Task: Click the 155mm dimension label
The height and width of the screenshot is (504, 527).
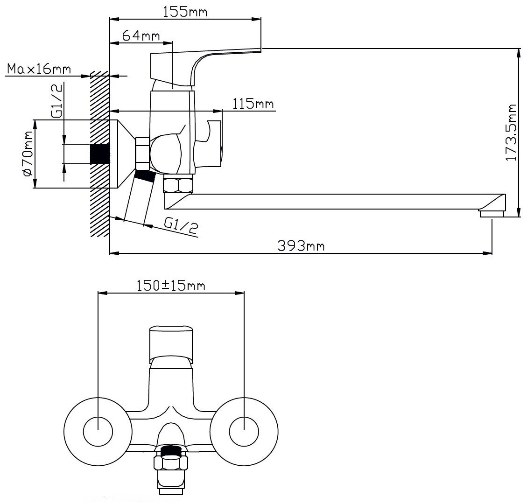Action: click(x=185, y=12)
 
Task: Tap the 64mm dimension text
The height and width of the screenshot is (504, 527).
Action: click(x=141, y=35)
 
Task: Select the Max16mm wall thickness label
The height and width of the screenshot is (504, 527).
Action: click(x=39, y=69)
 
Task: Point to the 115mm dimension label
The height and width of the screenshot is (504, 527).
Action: click(x=253, y=104)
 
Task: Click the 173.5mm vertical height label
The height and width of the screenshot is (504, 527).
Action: click(x=512, y=133)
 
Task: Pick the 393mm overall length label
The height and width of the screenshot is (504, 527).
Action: click(x=301, y=245)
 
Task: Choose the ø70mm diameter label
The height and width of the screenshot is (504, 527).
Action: click(x=28, y=153)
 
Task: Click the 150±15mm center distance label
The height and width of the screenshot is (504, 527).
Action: click(x=171, y=286)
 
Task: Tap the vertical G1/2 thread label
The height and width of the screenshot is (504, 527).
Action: click(x=57, y=100)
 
